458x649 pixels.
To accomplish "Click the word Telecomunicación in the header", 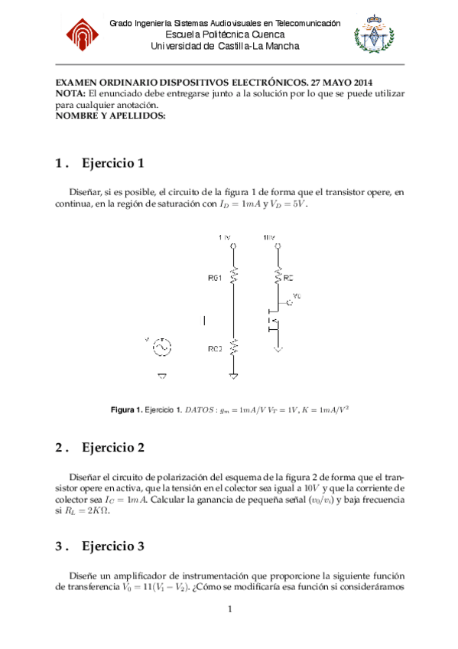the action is coord(300,24).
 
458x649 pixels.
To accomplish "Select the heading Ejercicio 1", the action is coord(113,163).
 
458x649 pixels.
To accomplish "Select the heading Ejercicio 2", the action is coord(113,447).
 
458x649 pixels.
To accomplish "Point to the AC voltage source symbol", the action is coord(161,347).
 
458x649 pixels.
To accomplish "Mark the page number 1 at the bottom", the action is coord(229,610).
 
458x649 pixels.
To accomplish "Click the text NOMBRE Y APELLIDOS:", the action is coord(111,115).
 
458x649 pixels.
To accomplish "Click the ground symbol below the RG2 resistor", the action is coord(233,375).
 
